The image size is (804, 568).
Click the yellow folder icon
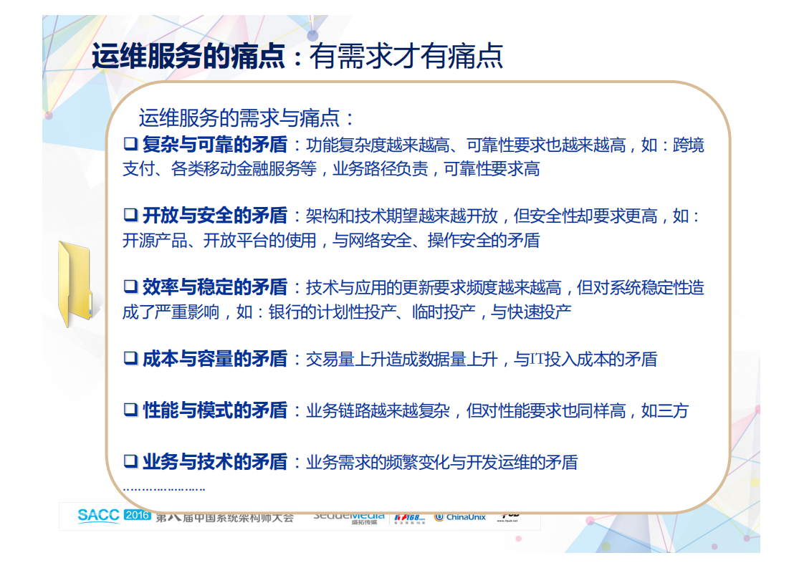(75, 284)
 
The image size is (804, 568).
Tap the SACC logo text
(100, 515)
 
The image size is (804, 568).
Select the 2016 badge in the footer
(136, 515)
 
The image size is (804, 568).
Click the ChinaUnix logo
(460, 516)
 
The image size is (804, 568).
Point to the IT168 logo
(409, 516)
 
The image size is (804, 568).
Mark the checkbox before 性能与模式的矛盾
(130, 409)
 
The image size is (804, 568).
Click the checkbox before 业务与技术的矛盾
(130, 461)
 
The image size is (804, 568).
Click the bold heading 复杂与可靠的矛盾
(215, 145)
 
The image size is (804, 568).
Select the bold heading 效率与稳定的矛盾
(215, 287)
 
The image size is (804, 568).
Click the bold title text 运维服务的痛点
(188, 57)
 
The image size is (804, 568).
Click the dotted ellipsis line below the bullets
(164, 489)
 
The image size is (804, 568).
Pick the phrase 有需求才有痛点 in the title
(406, 57)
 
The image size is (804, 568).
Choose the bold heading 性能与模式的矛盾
(215, 410)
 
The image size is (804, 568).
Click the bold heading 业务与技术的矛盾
(215, 462)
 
